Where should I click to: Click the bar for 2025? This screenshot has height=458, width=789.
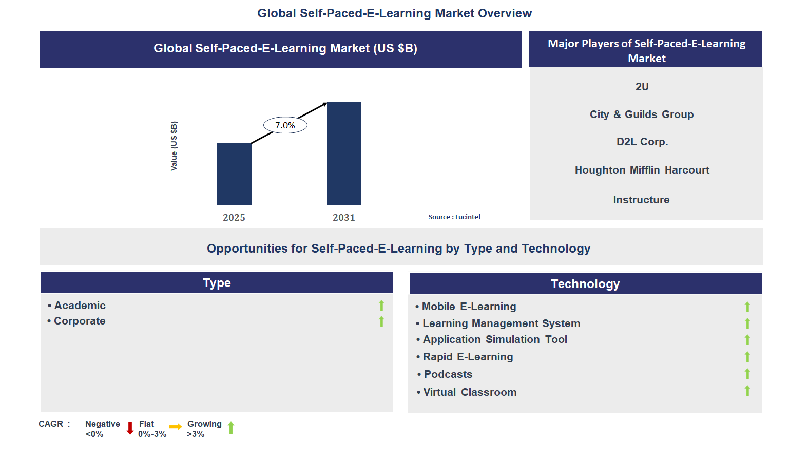point(234,174)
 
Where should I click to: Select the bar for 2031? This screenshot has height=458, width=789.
point(344,153)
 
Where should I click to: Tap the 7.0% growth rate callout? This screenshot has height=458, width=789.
point(285,125)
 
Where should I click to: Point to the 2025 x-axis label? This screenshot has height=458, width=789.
point(234,217)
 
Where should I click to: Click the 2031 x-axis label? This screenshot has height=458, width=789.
point(344,217)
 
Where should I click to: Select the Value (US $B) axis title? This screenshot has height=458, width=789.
point(174,146)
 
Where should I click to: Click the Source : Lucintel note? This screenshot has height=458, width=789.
point(454,217)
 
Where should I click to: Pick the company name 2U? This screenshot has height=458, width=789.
point(642,87)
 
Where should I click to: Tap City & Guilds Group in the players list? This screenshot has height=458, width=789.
point(642,115)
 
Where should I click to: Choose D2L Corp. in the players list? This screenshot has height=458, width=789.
point(642,142)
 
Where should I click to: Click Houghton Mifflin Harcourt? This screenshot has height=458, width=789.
point(642,170)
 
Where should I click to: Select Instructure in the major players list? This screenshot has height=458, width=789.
point(641,200)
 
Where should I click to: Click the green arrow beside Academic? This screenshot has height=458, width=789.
point(381,306)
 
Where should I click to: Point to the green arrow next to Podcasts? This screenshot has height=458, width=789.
point(747,374)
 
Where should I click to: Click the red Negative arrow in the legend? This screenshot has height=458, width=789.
point(130,428)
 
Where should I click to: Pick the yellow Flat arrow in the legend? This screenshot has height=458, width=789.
point(176,427)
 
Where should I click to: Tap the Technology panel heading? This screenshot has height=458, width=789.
point(585,283)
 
